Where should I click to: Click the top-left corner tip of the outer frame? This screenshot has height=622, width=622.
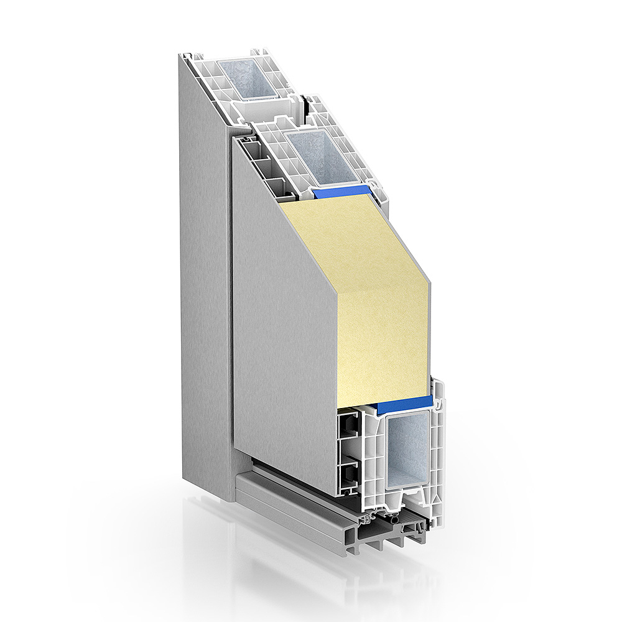[181, 56]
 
